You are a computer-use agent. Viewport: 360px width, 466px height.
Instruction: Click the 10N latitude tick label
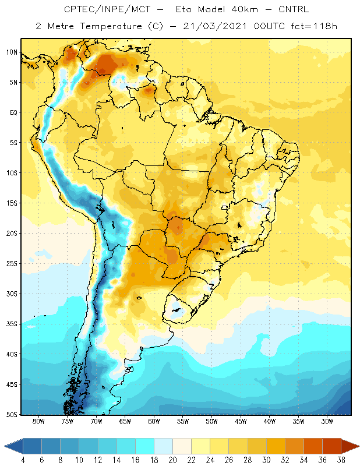click(x=12, y=52)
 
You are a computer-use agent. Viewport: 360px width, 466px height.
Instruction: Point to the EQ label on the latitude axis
click(x=13, y=112)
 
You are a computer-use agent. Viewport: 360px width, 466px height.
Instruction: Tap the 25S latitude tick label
click(x=12, y=264)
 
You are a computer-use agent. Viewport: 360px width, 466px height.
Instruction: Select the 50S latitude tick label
click(x=12, y=415)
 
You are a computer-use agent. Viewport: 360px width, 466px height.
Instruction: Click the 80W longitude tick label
click(x=38, y=421)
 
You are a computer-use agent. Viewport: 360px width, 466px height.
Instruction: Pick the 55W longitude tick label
click(x=183, y=421)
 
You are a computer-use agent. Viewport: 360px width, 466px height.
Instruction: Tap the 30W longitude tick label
click(x=327, y=421)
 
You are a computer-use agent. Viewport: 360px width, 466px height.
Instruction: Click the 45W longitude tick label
click(x=241, y=421)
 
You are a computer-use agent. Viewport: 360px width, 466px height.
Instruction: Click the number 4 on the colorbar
click(x=23, y=460)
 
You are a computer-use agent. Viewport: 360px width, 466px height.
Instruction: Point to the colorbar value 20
click(x=172, y=460)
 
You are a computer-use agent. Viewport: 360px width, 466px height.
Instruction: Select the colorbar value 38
click(x=341, y=460)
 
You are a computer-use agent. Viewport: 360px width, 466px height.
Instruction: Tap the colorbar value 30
click(x=266, y=460)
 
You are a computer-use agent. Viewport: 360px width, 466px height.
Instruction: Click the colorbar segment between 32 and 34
click(x=294, y=446)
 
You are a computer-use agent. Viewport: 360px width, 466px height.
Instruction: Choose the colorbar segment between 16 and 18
click(x=145, y=446)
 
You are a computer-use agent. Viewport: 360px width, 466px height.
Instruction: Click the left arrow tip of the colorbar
click(x=5, y=446)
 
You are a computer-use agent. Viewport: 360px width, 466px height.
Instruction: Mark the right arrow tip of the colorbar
click(x=359, y=446)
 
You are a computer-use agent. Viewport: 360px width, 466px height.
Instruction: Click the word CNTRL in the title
click(x=294, y=9)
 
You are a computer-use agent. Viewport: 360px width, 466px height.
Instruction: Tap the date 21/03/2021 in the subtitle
click(x=215, y=26)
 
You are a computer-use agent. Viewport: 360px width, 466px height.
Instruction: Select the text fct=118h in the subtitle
click(x=314, y=26)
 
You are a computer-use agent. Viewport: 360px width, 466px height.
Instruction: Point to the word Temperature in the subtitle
click(x=111, y=27)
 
